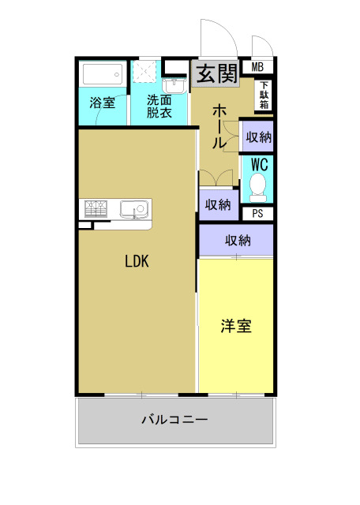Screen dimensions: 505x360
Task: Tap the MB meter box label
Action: pos(258,66)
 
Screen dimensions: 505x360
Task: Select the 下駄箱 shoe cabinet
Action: pos(263,95)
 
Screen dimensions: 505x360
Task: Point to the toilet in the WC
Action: pos(257,188)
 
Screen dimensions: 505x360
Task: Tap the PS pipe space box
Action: pos(258,213)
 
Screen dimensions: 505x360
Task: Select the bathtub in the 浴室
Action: pos(102,77)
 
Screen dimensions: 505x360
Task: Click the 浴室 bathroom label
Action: pos(102,103)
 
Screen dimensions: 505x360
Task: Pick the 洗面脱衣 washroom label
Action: pos(159,106)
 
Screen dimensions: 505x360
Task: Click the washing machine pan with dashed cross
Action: pos(145,73)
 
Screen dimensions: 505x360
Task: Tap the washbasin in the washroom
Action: pos(173,84)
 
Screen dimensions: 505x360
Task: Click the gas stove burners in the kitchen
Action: pos(96,209)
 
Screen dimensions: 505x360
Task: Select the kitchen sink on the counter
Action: pos(133,210)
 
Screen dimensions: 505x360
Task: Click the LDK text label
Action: pos(137,263)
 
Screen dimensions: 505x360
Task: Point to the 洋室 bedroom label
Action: pos(236,325)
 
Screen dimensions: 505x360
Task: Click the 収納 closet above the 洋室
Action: pos(237,240)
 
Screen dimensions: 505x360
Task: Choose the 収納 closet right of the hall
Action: pos(258,137)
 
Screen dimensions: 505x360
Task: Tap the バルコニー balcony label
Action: pos(174,420)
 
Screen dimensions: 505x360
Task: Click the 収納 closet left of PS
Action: pos(218,205)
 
